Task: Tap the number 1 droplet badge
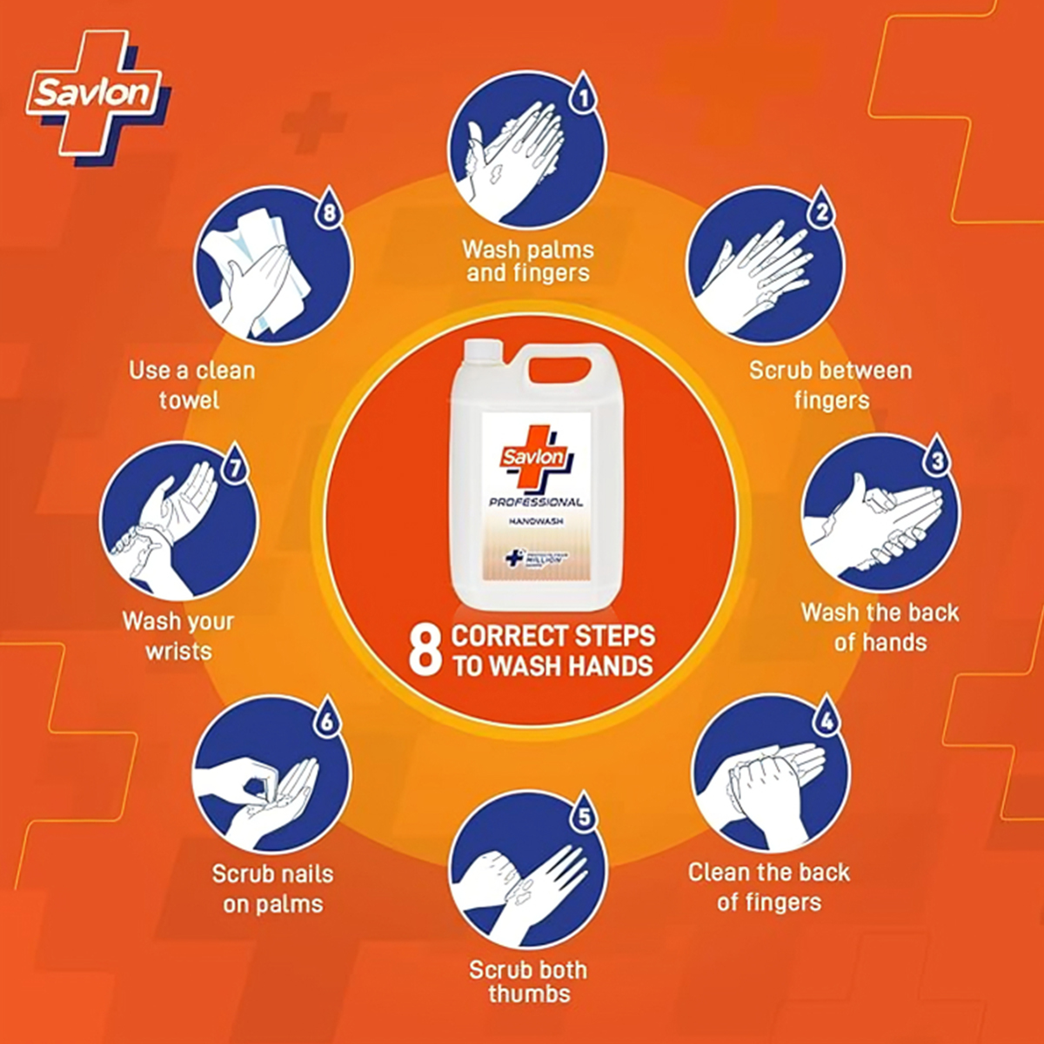click(x=584, y=95)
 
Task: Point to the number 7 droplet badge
click(x=233, y=466)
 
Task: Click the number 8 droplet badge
click(x=328, y=211)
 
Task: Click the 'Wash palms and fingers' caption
click(x=528, y=261)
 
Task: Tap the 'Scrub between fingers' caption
click(x=831, y=385)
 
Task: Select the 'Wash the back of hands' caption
click(x=880, y=626)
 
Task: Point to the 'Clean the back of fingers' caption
click(x=769, y=887)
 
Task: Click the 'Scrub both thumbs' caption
click(x=528, y=981)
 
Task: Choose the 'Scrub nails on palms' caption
click(x=272, y=888)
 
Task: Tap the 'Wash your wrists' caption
click(x=178, y=636)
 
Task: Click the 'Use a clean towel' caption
click(x=191, y=385)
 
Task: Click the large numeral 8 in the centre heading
click(x=425, y=650)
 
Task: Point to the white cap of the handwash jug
click(x=478, y=350)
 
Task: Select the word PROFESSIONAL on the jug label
click(x=536, y=502)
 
